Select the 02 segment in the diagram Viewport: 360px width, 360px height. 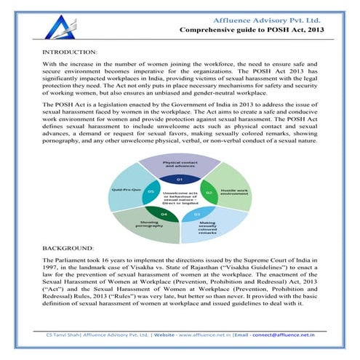208,192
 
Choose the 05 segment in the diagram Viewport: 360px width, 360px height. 151,192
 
